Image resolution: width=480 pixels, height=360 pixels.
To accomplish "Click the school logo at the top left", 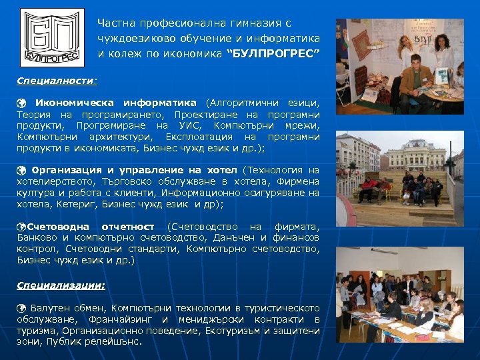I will point(52,37).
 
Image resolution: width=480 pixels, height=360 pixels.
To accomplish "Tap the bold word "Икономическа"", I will point(73,103).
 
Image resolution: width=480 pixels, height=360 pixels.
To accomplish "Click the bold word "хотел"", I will point(223,170).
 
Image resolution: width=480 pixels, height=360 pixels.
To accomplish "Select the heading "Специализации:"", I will point(61,285).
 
